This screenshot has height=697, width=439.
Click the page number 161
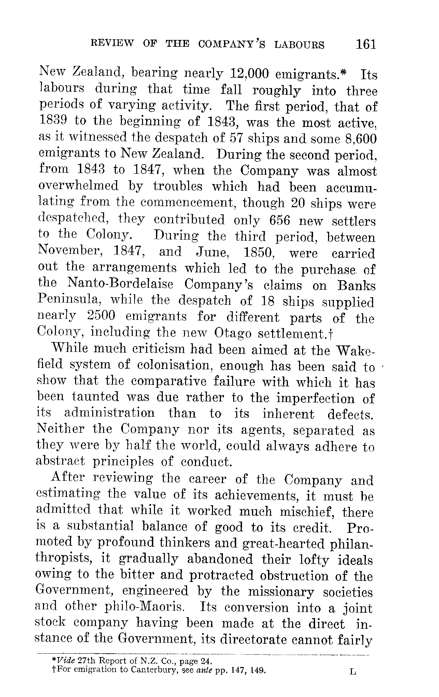point(365,44)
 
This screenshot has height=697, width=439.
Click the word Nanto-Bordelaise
point(120,284)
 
